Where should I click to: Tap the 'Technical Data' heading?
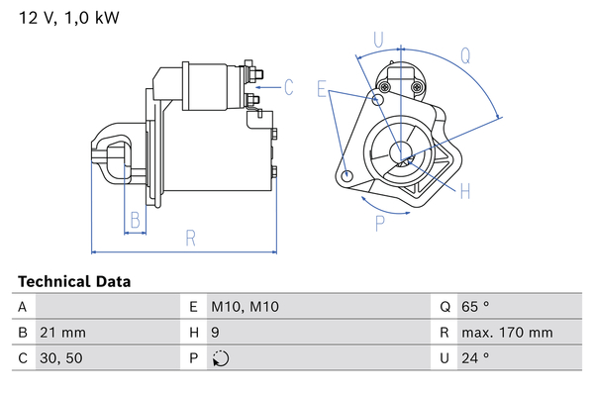coord(74,282)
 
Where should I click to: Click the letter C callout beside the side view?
coord(289,87)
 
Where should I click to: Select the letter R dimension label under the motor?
coord(190,238)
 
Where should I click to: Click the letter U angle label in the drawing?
coord(378,39)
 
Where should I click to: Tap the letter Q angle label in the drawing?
coord(464,55)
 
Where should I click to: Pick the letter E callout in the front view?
coord(323,90)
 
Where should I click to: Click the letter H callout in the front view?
coord(464,190)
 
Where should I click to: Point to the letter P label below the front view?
coord(379,224)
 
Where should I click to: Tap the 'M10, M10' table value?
coord(246,308)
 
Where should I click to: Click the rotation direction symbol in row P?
coord(220,359)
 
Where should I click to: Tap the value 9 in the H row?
coord(216,334)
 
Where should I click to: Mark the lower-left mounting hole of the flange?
coord(346,176)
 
